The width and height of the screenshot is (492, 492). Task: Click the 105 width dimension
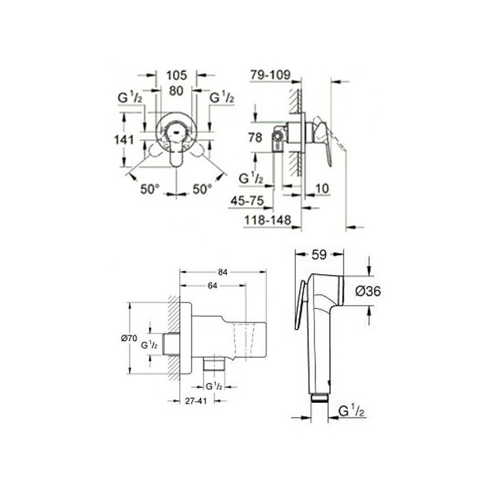(x=177, y=75)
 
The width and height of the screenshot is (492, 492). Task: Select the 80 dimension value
(x=176, y=91)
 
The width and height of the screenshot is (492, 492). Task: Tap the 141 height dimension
(x=124, y=140)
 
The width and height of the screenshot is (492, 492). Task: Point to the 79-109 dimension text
(x=271, y=74)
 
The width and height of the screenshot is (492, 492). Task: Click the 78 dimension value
(x=255, y=137)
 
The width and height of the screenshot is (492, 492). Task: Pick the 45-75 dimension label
(x=247, y=201)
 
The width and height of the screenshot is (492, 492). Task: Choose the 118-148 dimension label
(x=268, y=220)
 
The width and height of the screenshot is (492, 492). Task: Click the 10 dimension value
(x=322, y=188)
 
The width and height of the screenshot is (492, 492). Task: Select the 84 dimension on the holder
(x=223, y=272)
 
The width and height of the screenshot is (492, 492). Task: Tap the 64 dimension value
(x=212, y=285)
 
